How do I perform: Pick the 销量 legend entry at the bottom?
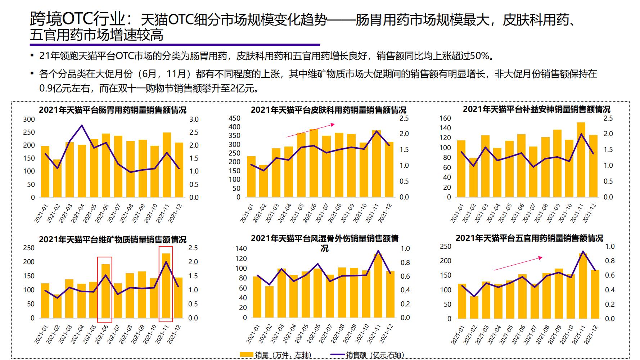(x=276, y=355)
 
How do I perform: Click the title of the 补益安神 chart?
(x=536, y=109)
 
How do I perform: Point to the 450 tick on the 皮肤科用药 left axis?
(x=234, y=118)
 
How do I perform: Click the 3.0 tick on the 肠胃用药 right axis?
(x=194, y=119)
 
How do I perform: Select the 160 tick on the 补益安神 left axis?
(x=445, y=118)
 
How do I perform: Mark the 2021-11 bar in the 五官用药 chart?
(x=583, y=286)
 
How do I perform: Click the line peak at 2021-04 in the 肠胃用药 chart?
(x=82, y=125)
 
